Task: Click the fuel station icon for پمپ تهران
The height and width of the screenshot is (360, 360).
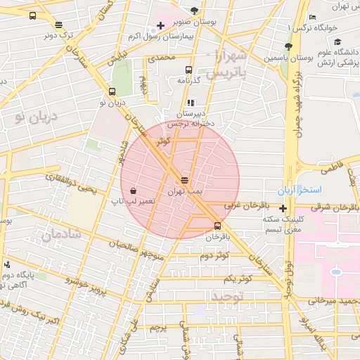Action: (184, 180)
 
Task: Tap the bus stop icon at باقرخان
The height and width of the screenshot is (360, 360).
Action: (217, 226)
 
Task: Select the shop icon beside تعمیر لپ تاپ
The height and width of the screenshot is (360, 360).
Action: (133, 191)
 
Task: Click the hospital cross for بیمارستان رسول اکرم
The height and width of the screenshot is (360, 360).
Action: (161, 26)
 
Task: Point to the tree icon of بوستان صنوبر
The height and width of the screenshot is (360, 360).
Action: (194, 11)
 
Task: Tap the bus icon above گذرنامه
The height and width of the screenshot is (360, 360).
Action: (188, 69)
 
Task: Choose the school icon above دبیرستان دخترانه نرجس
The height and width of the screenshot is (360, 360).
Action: (191, 103)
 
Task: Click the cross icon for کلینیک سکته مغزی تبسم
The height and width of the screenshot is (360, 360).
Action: (283, 208)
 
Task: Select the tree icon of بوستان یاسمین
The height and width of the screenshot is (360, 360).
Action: (288, 46)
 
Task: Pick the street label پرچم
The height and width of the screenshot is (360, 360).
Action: (159, 328)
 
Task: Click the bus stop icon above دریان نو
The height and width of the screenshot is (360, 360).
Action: (112, 91)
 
